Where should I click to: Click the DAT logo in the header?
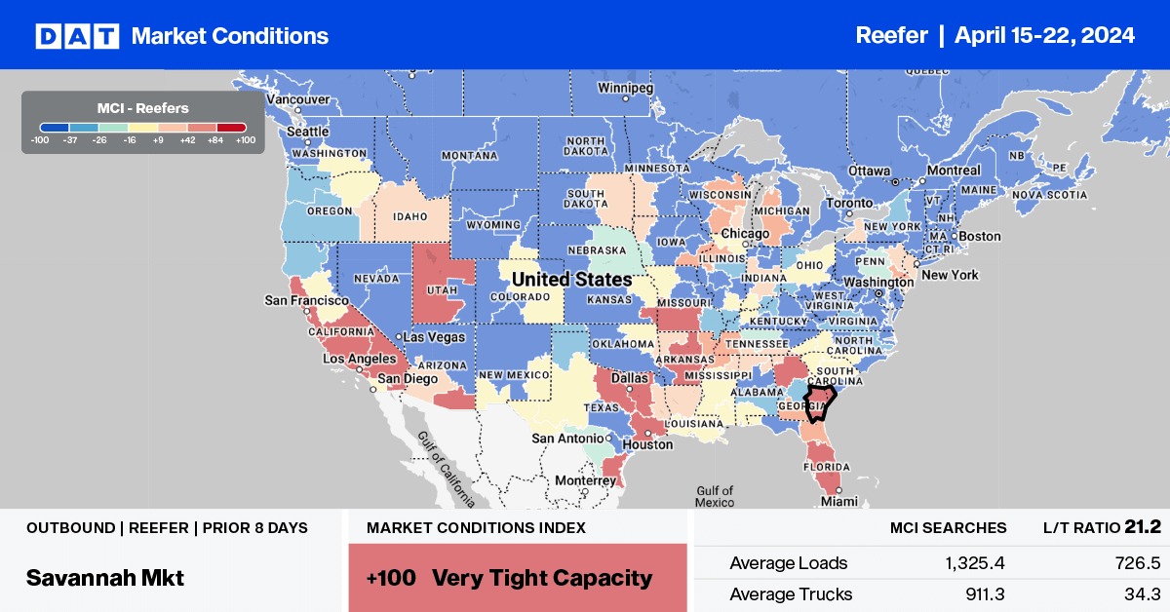point(77,36)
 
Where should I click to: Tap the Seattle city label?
point(307,132)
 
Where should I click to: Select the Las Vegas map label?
point(436,337)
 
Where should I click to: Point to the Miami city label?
point(838,501)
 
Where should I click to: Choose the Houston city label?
point(648,444)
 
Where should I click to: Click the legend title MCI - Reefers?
point(143,108)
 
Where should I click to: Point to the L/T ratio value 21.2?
point(1142,527)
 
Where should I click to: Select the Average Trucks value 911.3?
point(983,593)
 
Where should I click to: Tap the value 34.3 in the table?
point(1143,593)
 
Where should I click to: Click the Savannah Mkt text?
point(105,577)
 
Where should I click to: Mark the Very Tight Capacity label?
point(541,578)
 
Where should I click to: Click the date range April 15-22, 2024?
point(1044,36)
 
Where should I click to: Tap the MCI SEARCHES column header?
point(948,527)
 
